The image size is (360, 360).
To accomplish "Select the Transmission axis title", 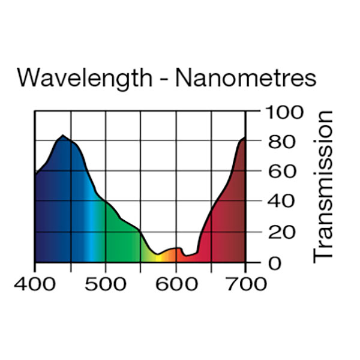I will [323, 186].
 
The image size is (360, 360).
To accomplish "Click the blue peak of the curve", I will [62, 136].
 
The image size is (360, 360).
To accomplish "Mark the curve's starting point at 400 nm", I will [35, 174].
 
